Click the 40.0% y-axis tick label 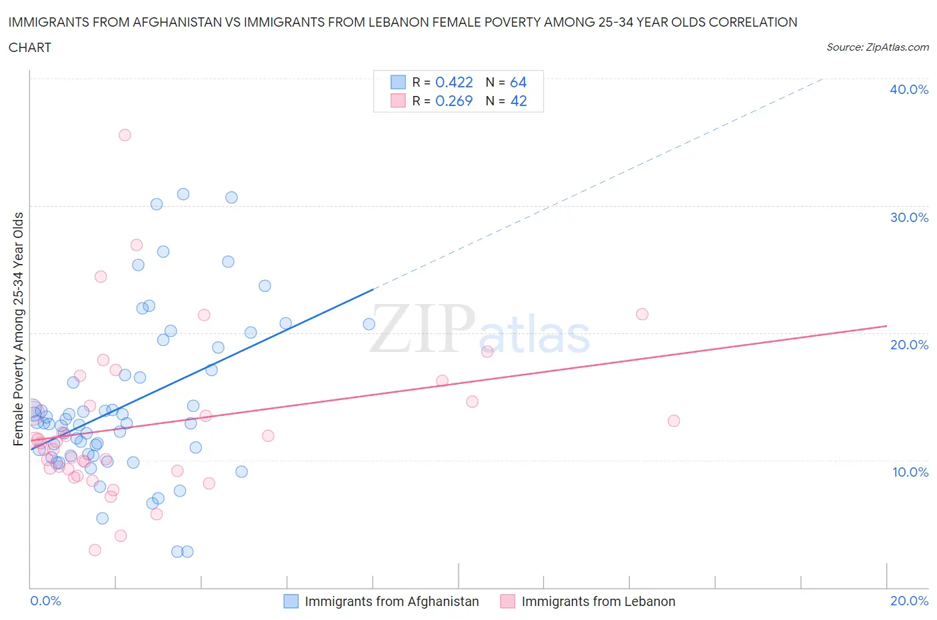(x=909, y=89)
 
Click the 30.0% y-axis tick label (x=909, y=217)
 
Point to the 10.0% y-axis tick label (x=910, y=472)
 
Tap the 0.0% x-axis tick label (x=46, y=601)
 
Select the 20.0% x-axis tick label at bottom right (x=909, y=601)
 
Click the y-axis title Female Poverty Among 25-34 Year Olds (x=18, y=329)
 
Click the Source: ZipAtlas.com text (x=877, y=47)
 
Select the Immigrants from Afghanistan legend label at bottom (x=391, y=601)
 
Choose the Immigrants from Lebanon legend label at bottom (x=598, y=601)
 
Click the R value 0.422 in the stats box (x=454, y=82)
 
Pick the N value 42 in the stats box (x=518, y=101)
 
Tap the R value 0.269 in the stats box (x=454, y=101)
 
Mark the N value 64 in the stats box (x=518, y=82)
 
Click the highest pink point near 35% (x=125, y=135)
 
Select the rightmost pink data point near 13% (x=674, y=421)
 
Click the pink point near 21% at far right (x=642, y=314)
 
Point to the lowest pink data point (x=95, y=550)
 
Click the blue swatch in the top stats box (x=398, y=82)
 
